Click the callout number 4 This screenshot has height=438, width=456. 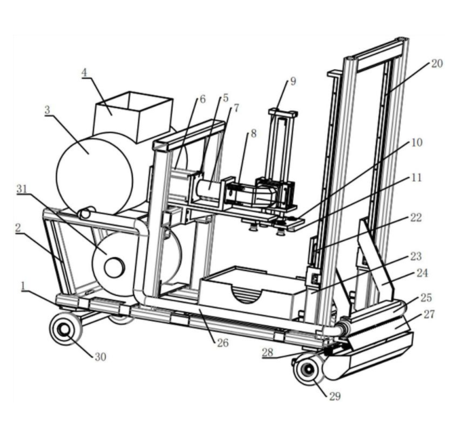(84, 73)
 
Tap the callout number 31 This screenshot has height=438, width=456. (22, 189)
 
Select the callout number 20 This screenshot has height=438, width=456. (436, 64)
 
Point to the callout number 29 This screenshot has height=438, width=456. (335, 397)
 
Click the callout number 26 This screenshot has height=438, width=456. (223, 343)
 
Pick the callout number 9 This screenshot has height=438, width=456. (293, 81)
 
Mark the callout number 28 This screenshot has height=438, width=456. (267, 353)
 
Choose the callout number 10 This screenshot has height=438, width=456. (417, 142)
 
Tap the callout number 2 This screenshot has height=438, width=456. (18, 228)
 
